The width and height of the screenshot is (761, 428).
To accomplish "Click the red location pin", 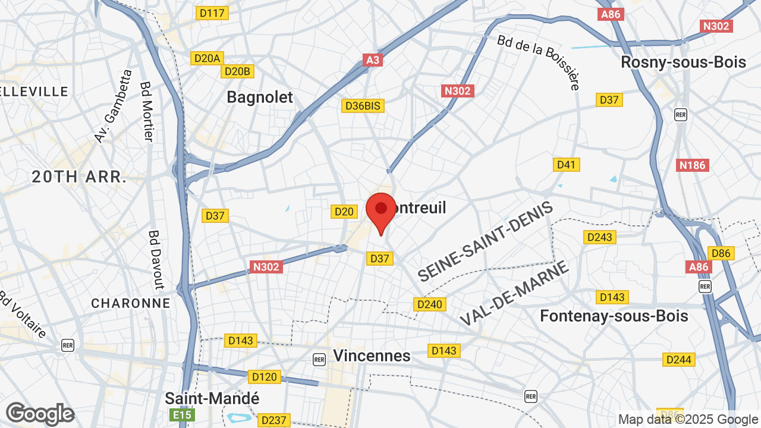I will pos(381,211).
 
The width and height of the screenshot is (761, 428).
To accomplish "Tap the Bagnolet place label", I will pos(260,97).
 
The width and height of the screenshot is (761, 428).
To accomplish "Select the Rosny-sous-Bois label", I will pos(683,62).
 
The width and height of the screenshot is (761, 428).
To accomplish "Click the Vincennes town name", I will pos(372,355).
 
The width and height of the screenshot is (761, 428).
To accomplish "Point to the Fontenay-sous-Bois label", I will pos(614,316).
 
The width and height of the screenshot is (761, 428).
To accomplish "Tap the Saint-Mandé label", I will pos(212,398).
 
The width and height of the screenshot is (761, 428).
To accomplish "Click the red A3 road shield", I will pos(373,59).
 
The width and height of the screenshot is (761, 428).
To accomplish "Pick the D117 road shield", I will pos(212,12).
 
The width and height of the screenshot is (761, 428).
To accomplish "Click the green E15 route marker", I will pos(183,414).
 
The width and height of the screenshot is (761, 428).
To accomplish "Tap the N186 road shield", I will pos(693,165).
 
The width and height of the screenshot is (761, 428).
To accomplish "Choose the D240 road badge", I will pos(429,304).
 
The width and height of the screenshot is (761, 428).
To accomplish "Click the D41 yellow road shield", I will pos(566,164).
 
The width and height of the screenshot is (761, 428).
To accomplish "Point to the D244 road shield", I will pos(678,359).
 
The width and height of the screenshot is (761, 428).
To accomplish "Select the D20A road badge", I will pos(207,58).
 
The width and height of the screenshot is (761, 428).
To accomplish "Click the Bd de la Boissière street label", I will pos(539,61).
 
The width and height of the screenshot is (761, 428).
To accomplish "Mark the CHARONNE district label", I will pos(131,303).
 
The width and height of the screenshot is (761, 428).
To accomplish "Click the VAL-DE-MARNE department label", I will pos(514,294).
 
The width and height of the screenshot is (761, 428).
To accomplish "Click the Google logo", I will pos(40,414).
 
